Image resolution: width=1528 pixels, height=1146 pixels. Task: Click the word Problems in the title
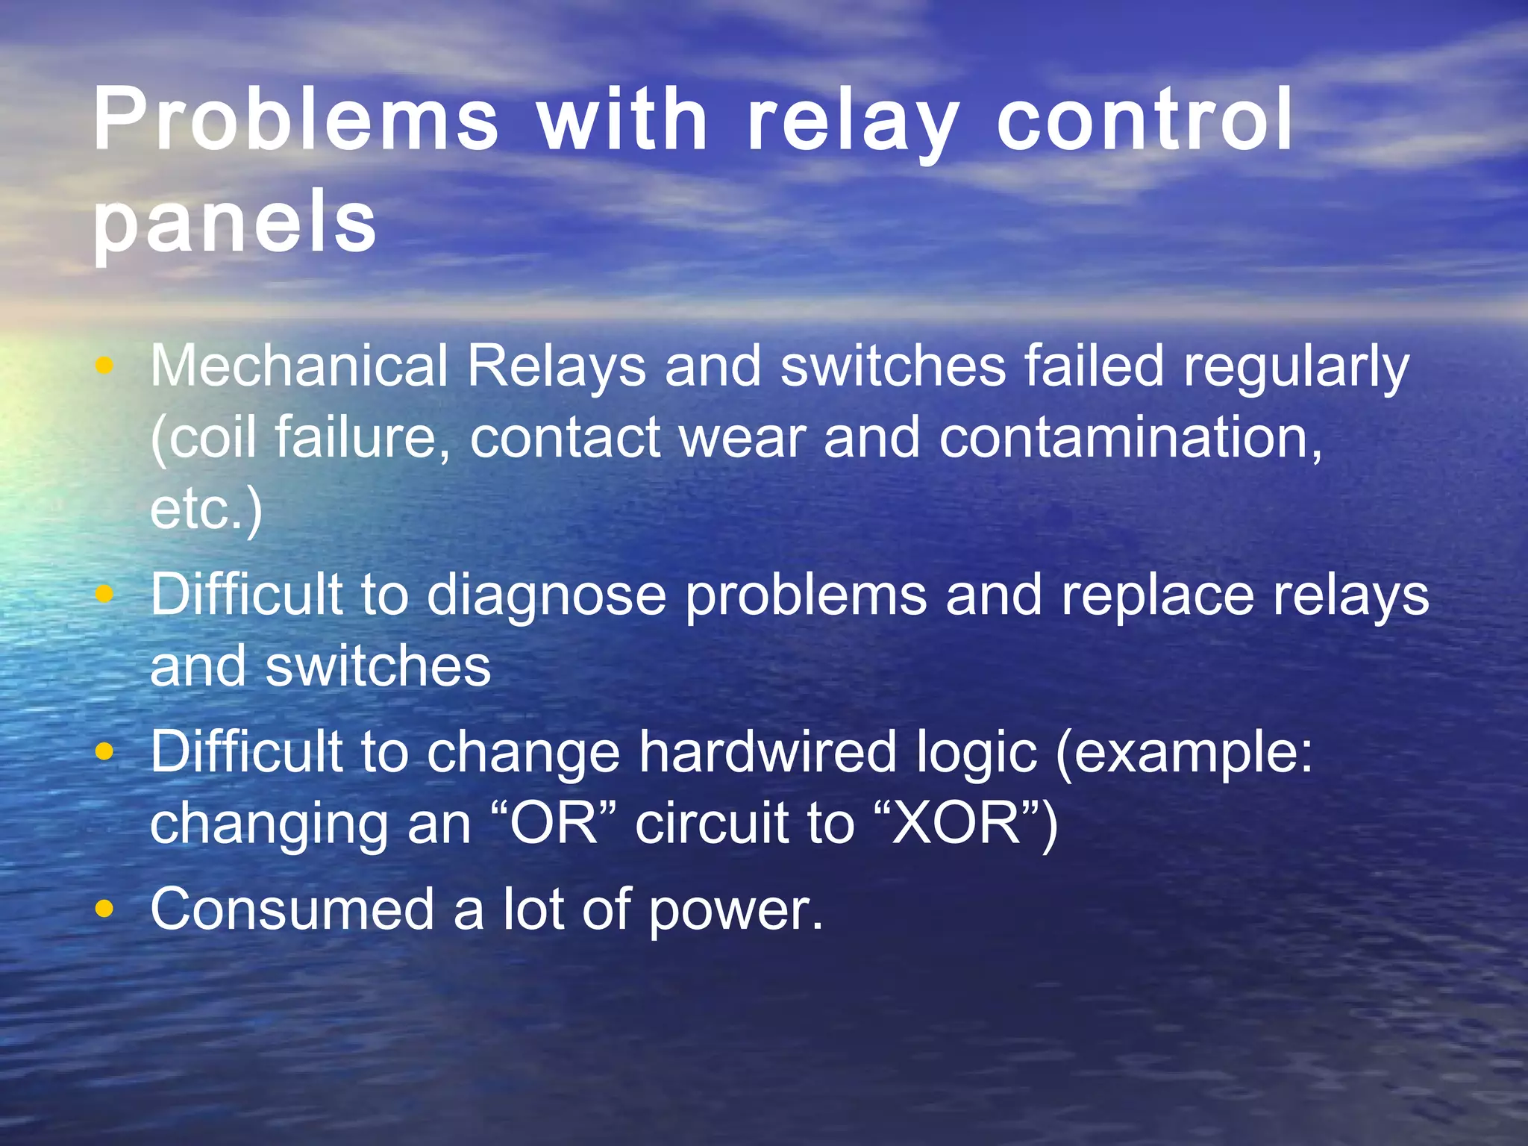tap(295, 119)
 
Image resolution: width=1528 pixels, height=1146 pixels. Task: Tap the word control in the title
tap(1145, 119)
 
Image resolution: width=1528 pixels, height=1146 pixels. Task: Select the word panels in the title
tap(234, 221)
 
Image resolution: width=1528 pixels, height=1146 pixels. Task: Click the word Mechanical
tap(299, 366)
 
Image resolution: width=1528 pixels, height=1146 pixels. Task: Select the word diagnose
tap(546, 598)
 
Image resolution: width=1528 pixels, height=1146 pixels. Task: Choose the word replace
tap(1157, 598)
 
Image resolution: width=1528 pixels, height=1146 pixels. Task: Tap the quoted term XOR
tap(956, 824)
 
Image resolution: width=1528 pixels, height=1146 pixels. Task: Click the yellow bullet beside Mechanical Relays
tap(105, 366)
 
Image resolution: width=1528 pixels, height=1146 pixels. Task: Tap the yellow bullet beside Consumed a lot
tap(105, 909)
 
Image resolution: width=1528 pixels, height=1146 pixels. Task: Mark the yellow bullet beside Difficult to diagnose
tap(105, 595)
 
